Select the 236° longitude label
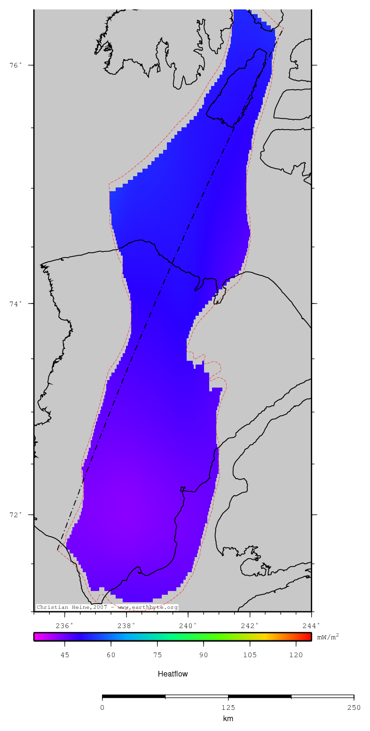(64, 625)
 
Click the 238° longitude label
(126, 625)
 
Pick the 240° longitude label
(188, 625)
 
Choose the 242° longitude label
(250, 625)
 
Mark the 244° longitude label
(311, 625)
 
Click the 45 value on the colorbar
(65, 655)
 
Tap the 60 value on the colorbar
(111, 655)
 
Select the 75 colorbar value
(157, 655)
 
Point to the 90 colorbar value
(204, 655)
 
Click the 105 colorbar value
(250, 655)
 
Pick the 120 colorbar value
(296, 655)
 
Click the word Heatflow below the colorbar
(173, 674)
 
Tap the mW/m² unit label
(328, 637)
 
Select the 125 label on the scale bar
(228, 708)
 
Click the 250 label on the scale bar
(354, 708)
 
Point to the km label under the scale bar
(228, 719)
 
